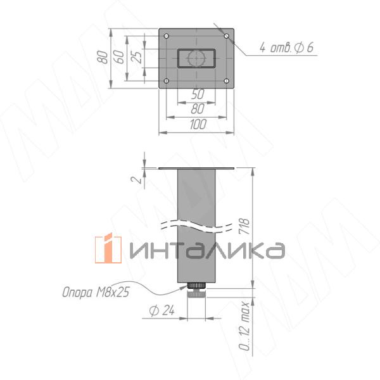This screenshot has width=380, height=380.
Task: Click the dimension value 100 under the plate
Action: click(x=197, y=125)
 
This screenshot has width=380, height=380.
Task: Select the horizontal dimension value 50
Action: click(x=197, y=94)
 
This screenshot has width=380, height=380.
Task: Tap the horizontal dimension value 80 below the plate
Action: click(x=197, y=109)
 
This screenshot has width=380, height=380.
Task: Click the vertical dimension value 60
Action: click(x=118, y=56)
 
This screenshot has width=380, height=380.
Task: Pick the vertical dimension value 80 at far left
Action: click(x=103, y=56)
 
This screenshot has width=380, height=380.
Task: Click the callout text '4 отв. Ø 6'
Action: click(x=286, y=48)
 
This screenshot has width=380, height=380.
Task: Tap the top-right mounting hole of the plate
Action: click(x=227, y=36)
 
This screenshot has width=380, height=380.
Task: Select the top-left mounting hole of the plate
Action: click(x=166, y=36)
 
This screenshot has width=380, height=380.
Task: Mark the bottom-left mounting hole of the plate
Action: click(x=166, y=81)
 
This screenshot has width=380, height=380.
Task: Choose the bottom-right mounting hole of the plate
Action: click(x=227, y=81)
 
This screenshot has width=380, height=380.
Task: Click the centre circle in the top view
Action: click(x=196, y=59)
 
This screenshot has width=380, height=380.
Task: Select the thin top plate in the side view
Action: click(x=196, y=168)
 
